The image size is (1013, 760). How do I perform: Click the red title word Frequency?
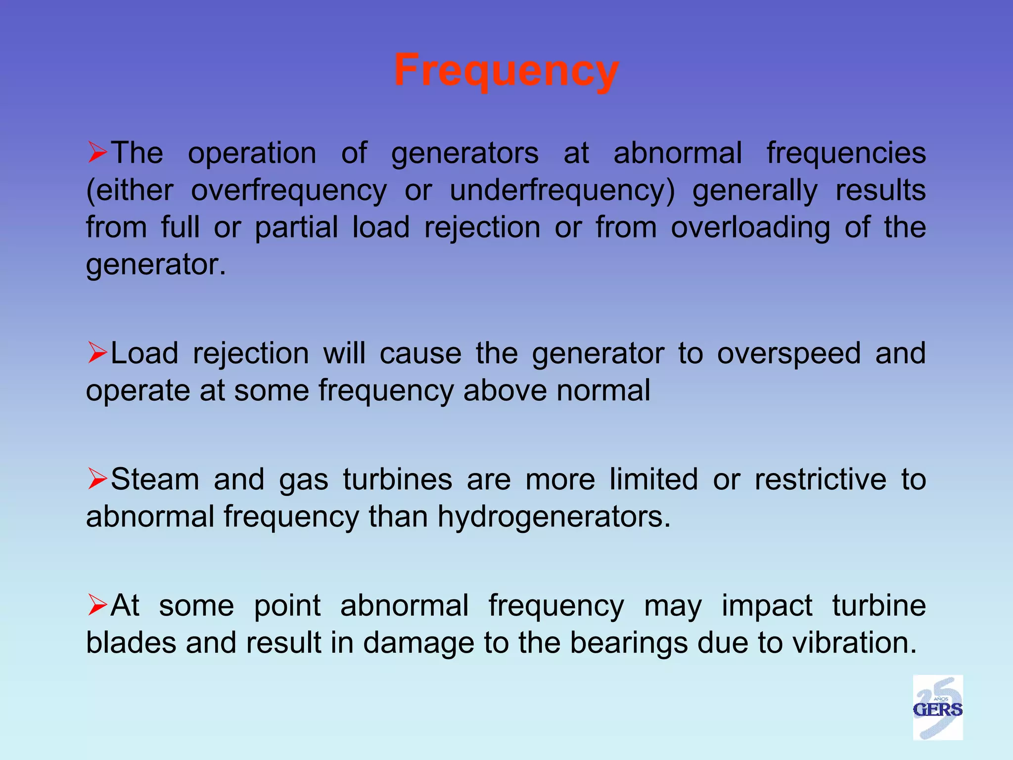(506, 71)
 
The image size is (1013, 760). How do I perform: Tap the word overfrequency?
(289, 191)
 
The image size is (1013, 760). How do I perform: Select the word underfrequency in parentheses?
(562, 191)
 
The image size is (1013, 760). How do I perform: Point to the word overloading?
(750, 228)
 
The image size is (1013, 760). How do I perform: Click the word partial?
(296, 228)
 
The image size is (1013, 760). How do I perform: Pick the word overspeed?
(789, 354)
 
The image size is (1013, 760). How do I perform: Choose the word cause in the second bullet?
(420, 354)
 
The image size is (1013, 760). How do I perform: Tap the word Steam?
(155, 479)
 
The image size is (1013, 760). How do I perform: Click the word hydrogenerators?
(554, 517)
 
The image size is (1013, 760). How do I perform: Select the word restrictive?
(821, 479)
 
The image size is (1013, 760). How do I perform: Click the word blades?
(131, 643)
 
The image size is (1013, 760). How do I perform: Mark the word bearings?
(629, 643)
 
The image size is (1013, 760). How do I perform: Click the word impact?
(767, 606)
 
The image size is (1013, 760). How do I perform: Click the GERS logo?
(937, 707)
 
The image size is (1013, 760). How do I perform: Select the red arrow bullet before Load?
(97, 353)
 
